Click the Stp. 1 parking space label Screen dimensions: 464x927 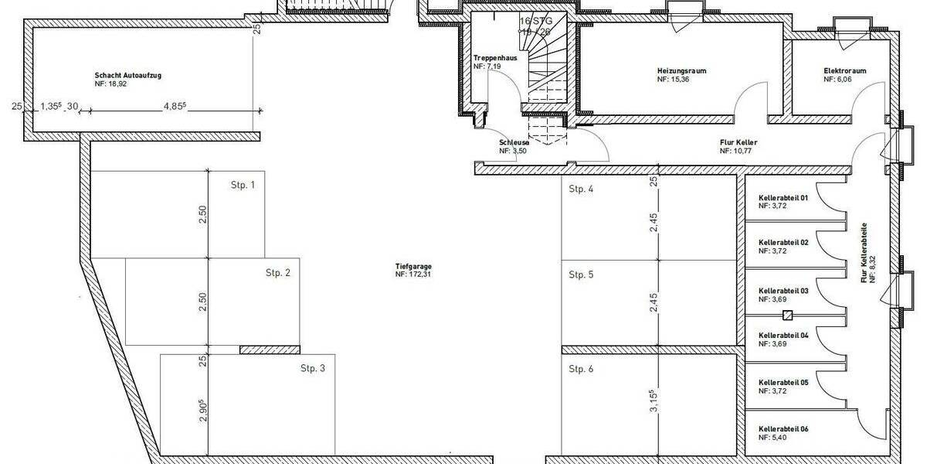point(243,186)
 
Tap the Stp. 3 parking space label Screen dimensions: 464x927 point(313,369)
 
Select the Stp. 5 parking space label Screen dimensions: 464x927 point(581,275)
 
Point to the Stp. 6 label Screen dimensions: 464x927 point(581,369)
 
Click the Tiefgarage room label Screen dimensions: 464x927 point(412,266)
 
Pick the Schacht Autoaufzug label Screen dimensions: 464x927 point(127,76)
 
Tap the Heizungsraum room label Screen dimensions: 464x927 point(682,71)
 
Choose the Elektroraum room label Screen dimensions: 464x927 point(844,71)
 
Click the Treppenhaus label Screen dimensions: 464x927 point(495,59)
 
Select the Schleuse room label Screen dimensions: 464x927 point(514,143)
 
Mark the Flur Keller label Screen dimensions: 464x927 point(738,143)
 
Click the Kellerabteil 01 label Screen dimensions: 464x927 point(783,198)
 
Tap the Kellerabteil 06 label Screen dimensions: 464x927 point(783,428)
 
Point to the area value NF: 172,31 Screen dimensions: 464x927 point(412,275)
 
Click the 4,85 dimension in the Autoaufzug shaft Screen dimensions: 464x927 point(174,107)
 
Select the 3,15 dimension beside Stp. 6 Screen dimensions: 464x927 point(654,402)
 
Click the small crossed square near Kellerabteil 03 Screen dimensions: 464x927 point(787,315)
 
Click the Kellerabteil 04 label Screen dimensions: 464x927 point(783,335)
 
